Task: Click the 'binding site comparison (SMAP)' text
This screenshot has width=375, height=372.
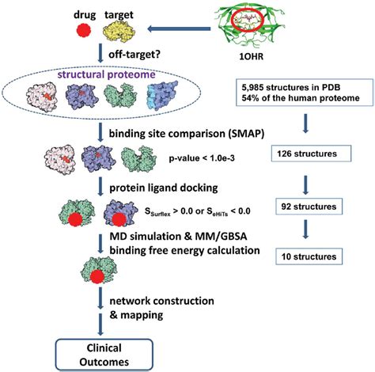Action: tap(190, 131)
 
